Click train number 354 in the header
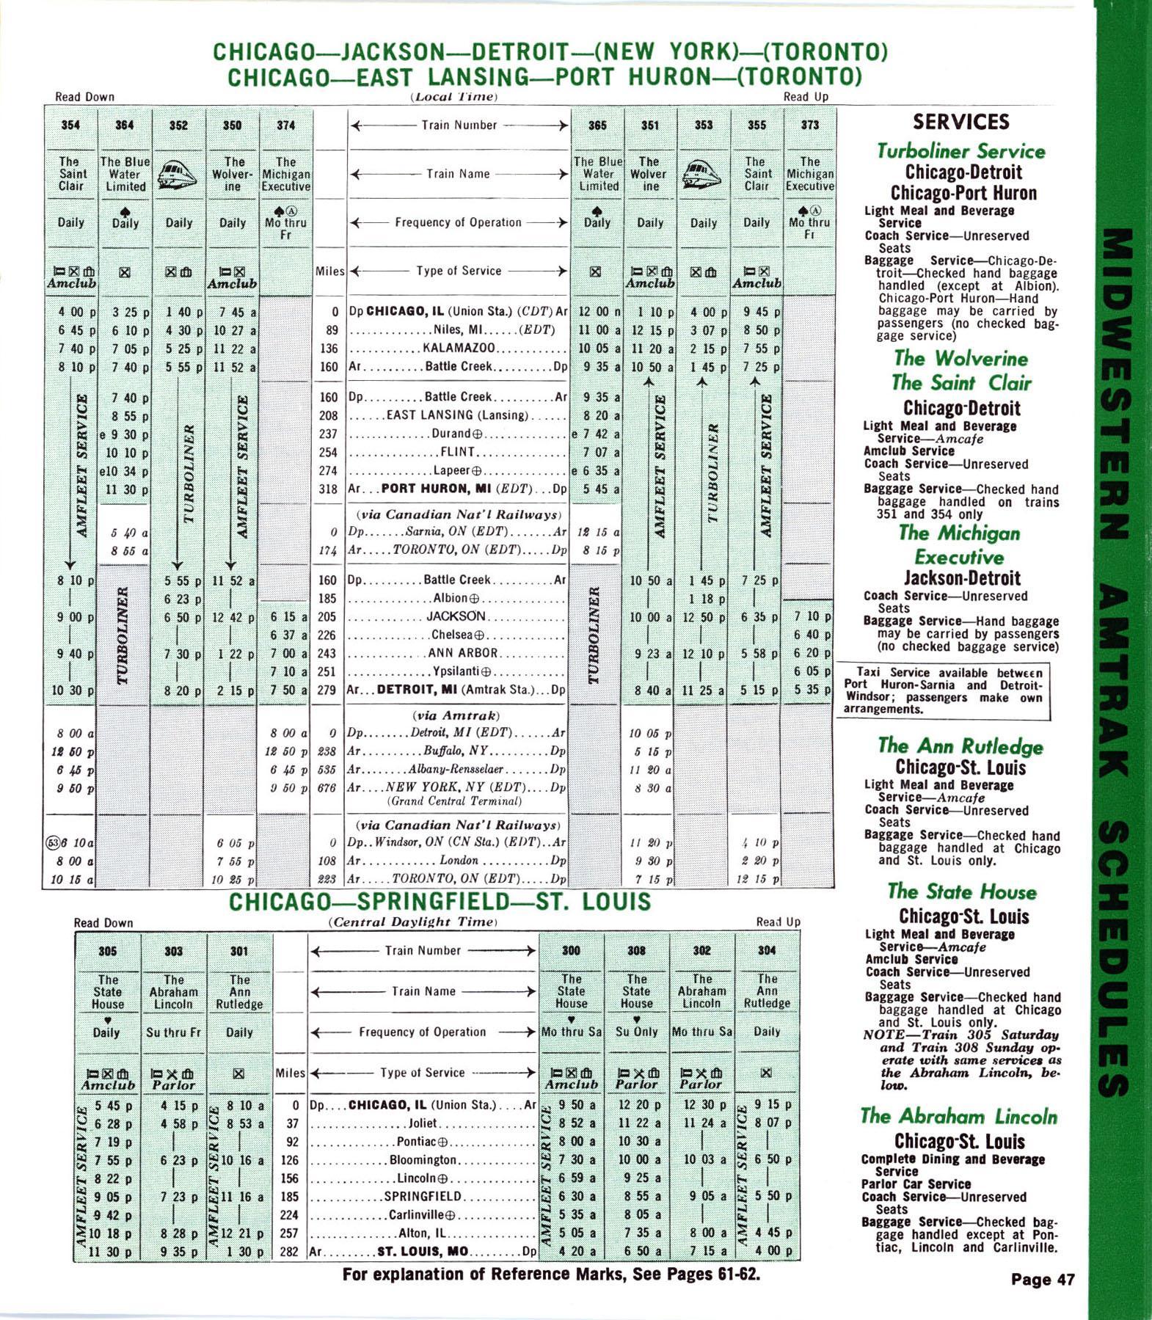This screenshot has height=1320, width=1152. pos(70,125)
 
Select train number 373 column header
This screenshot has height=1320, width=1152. pos(809,125)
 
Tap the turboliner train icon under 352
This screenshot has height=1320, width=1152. pos(178,175)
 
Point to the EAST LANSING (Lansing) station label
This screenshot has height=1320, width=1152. pos(457,415)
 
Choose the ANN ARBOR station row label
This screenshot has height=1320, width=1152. pos(462,653)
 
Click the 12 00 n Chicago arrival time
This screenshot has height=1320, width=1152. pos(597,312)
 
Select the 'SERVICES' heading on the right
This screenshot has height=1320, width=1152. pos(960,122)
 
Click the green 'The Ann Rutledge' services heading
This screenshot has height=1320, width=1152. pos(960,746)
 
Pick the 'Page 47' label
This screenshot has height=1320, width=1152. pos(1043,1280)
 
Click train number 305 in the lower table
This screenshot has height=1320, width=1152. pos(107,951)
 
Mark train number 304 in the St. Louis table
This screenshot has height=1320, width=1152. pos(766,950)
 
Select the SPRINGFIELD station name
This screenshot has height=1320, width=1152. pos(423,1197)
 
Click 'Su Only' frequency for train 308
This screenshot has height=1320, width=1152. pos(636,1032)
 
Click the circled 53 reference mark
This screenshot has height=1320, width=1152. pos(51,843)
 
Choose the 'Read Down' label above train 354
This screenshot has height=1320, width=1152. pos(84,97)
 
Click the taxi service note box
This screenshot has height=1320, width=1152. pos(943,691)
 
